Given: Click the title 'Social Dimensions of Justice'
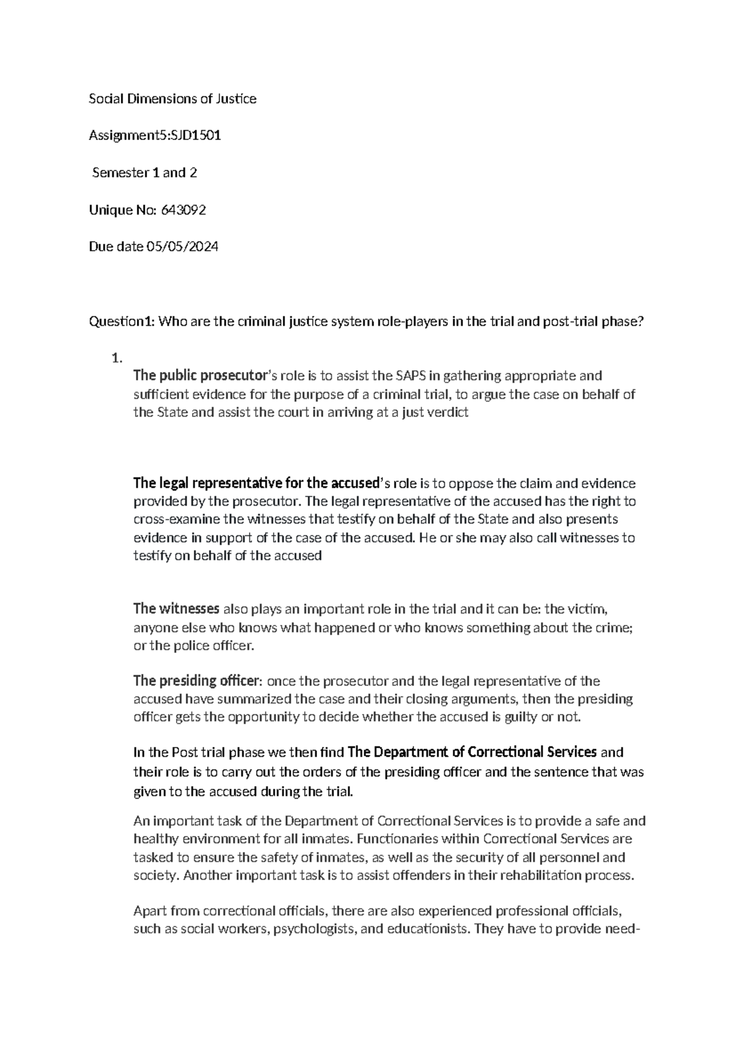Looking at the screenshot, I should (172, 99).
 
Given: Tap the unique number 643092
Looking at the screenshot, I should (183, 210).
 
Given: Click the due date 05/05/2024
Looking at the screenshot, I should (182, 247).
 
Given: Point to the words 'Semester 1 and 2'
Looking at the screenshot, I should (144, 173).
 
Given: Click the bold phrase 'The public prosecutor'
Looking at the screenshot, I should (200, 376).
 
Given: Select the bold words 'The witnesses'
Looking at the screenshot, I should (176, 609).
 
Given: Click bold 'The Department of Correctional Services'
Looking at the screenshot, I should (472, 752).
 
